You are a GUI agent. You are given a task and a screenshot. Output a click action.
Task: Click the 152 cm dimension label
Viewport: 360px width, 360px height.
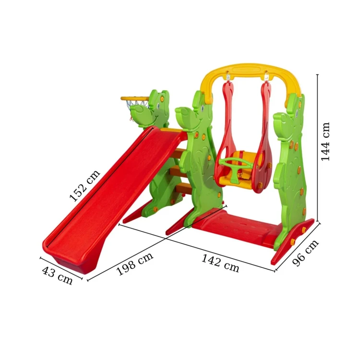[84, 185]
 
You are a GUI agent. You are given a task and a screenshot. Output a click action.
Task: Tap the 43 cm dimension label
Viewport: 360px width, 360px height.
[57, 275]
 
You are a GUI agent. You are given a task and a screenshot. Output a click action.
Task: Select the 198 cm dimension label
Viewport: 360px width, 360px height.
[135, 264]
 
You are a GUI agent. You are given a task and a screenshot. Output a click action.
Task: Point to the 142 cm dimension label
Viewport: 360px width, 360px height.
[220, 264]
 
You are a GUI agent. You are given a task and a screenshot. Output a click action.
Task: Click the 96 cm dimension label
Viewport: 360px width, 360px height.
[305, 253]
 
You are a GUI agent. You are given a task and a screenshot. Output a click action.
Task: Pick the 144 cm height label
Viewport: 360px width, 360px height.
[325, 142]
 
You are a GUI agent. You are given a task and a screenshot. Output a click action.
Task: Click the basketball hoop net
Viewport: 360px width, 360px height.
[133, 108]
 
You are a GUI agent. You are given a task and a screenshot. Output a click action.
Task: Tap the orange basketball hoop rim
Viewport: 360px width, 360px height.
[135, 98]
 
